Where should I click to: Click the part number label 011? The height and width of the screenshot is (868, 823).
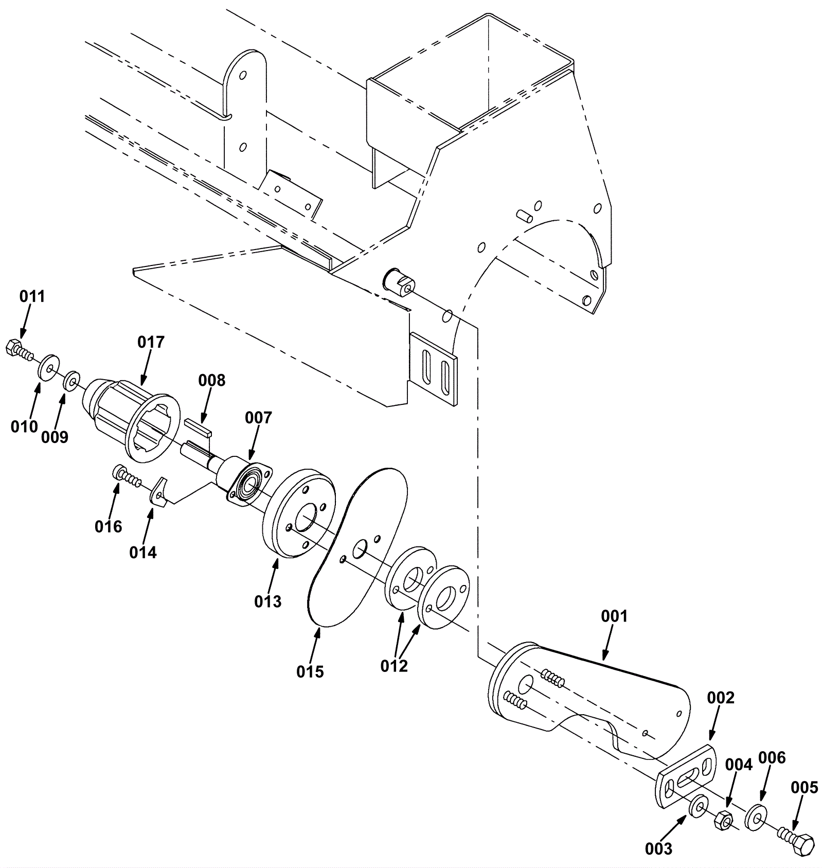[32, 296]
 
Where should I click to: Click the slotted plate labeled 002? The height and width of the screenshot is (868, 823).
[687, 776]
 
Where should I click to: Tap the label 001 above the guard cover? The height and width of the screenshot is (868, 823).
[615, 616]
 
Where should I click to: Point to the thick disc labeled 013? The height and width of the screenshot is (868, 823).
[299, 513]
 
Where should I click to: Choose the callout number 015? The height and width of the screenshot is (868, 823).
[310, 671]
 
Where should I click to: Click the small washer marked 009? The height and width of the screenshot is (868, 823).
[71, 381]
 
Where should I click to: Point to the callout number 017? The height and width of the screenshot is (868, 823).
[151, 342]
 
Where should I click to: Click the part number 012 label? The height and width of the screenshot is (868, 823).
[394, 666]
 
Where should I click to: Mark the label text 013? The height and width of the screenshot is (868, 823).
[268, 601]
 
